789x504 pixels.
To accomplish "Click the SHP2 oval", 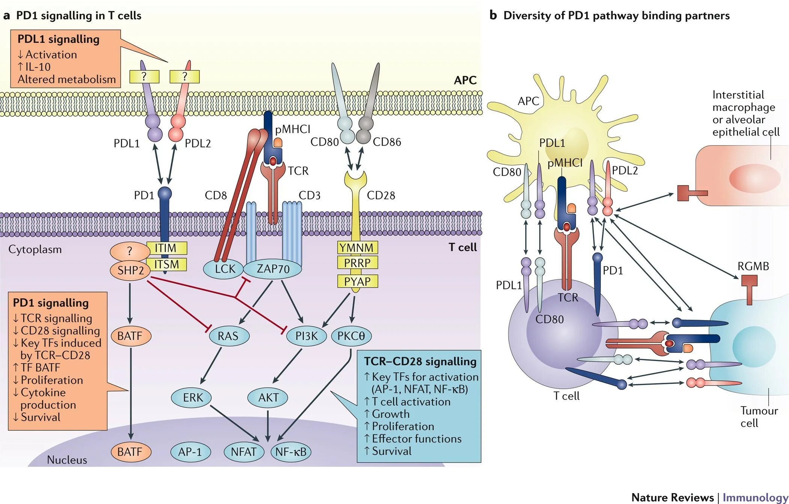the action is (x=130, y=270).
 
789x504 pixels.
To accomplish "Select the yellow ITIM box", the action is (x=166, y=248).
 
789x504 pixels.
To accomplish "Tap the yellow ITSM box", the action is (x=166, y=264).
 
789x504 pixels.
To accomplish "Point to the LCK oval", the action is (x=224, y=269).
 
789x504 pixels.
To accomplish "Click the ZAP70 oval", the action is (x=273, y=269).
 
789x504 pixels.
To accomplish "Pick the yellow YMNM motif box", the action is (x=357, y=248).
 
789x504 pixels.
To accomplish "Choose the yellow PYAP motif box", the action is (x=357, y=281).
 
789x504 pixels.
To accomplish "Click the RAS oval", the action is (x=228, y=336).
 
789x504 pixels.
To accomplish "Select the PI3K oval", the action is (x=307, y=336).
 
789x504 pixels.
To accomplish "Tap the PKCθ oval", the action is (x=351, y=336).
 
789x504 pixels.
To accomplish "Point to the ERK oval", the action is (x=191, y=397).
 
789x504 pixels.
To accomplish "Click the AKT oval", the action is (x=268, y=397).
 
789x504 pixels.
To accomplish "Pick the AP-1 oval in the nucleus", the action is (x=190, y=452).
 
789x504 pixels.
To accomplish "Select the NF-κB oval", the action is (x=291, y=452).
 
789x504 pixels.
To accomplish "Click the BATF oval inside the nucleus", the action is (x=130, y=452).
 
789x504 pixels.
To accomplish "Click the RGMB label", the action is (x=753, y=266).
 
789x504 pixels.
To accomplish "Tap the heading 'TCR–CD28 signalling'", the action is (x=420, y=361).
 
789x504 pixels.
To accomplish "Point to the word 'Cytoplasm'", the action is (x=35, y=250).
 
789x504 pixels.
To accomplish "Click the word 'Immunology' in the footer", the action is (x=755, y=497).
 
